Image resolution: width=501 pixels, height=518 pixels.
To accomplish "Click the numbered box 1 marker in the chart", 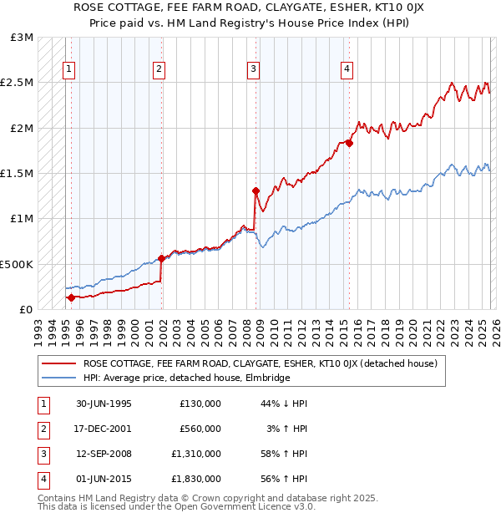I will pyautogui.click(x=68, y=70).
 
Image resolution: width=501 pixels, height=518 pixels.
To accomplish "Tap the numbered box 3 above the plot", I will pyautogui.click(x=254, y=70).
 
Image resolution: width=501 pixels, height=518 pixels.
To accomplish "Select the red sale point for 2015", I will pyautogui.click(x=349, y=143).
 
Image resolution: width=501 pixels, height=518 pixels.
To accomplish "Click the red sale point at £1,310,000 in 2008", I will pyautogui.click(x=256, y=190).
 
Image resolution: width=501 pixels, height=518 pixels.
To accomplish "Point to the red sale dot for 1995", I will pyautogui.click(x=71, y=297).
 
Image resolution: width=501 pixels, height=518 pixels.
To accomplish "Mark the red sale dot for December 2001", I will pyautogui.click(x=161, y=258).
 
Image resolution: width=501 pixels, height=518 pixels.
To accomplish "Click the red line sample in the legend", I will pyautogui.click(x=58, y=363).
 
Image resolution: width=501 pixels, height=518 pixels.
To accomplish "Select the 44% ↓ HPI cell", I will pyautogui.click(x=284, y=404).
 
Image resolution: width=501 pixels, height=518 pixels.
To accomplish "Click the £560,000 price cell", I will pyautogui.click(x=200, y=429).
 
